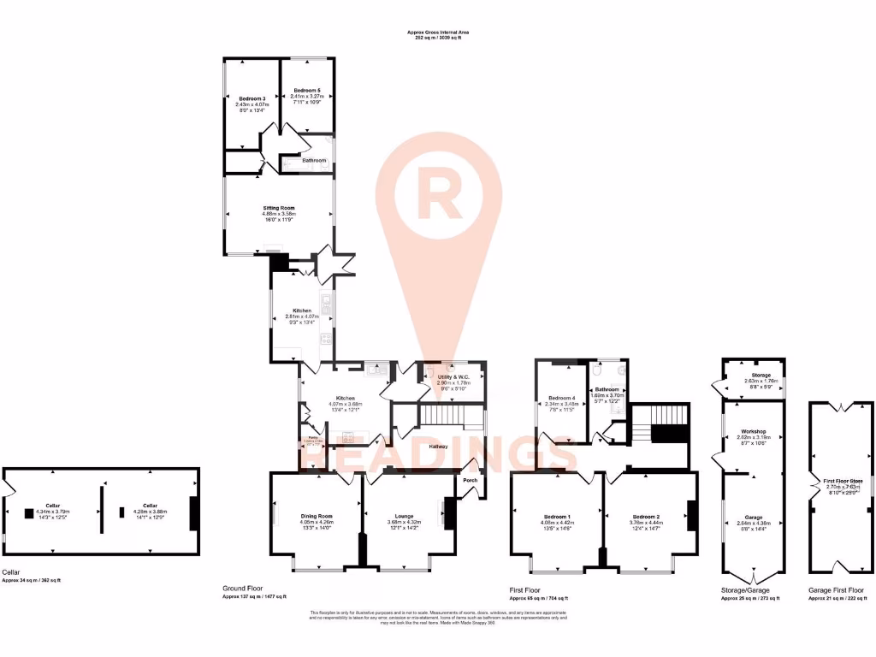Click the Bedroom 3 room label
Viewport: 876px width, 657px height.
[252, 98]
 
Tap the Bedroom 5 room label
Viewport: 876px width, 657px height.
[306, 91]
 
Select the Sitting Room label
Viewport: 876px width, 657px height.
[278, 207]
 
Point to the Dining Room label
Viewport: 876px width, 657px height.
[317, 516]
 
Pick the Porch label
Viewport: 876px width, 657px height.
[470, 480]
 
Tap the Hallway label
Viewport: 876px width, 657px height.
[439, 447]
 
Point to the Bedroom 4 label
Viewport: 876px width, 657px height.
[561, 398]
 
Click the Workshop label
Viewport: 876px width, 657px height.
[753, 431]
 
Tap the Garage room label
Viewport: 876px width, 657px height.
[753, 518]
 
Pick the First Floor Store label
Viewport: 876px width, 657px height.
[843, 482]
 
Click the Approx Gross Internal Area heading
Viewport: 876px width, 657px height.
[438, 33]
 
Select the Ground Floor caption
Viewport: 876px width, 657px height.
[242, 589]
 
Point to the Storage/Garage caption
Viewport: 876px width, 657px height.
[746, 590]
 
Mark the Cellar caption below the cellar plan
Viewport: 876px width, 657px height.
[10, 573]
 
